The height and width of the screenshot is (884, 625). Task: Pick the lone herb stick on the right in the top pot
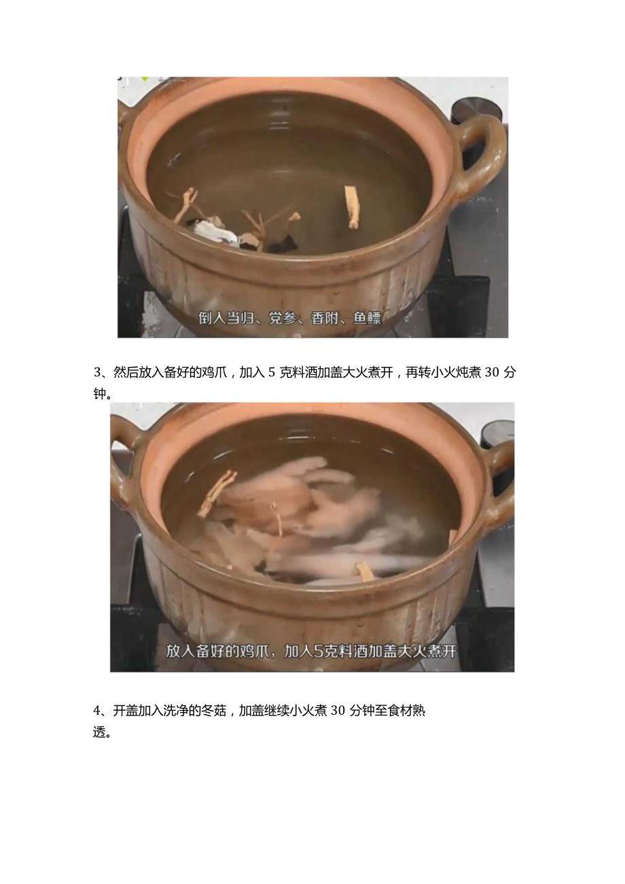(x=351, y=207)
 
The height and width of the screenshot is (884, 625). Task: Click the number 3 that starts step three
(x=97, y=372)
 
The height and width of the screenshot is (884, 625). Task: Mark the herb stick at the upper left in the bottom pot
(x=217, y=493)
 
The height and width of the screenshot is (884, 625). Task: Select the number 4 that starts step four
(x=97, y=711)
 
